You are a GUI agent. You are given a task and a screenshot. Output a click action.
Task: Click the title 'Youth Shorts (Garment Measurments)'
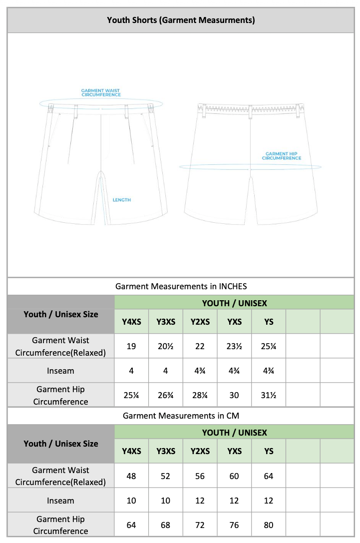(181, 20)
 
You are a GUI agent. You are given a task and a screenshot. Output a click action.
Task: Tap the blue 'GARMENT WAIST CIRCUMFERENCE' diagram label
(101, 93)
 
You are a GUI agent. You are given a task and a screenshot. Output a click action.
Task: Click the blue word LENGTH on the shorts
(121, 200)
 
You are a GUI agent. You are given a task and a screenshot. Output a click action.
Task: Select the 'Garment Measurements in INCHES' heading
(181, 286)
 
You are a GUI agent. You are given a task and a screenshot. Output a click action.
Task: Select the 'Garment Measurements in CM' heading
(181, 416)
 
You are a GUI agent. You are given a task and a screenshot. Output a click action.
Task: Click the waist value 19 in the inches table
(131, 346)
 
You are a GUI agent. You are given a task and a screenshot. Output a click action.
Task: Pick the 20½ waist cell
(165, 346)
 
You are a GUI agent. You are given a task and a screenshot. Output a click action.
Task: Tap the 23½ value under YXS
(234, 346)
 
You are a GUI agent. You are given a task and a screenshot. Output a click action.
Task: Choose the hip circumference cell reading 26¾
(165, 395)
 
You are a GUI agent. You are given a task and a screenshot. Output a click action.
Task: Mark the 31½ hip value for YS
(269, 395)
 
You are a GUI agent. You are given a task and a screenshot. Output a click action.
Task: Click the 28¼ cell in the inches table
(200, 395)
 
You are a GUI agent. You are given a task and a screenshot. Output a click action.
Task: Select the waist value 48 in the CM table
(131, 476)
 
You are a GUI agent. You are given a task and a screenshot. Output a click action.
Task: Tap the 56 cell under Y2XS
(200, 476)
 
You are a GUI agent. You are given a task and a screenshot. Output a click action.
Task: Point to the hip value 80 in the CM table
(269, 525)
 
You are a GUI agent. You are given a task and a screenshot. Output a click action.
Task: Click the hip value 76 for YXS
(234, 525)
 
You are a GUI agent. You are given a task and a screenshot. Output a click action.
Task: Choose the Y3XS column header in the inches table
(165, 322)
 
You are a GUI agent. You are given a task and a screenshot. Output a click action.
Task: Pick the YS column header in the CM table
(269, 451)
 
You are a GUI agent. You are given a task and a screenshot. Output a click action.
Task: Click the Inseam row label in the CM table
(60, 501)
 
